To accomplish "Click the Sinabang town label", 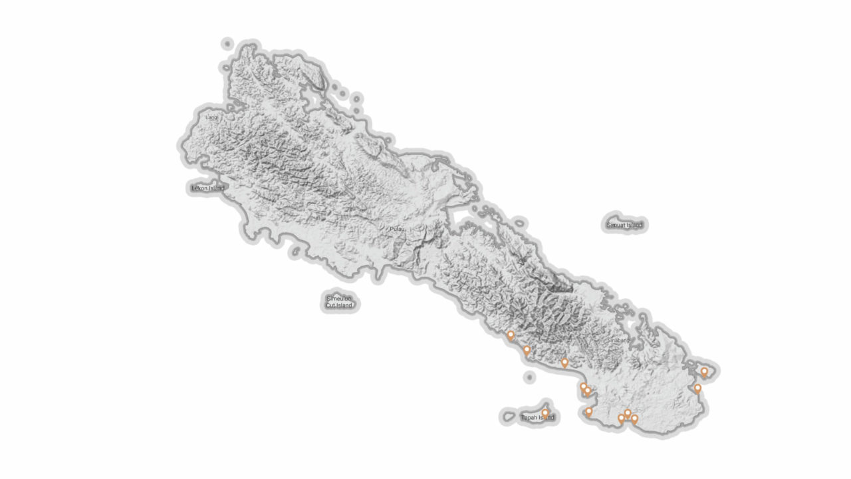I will [x=618, y=340].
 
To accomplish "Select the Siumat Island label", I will [x=624, y=225].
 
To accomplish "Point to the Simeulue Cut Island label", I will [x=339, y=302].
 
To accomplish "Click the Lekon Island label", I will [x=207, y=188].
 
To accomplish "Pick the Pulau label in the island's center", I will [x=397, y=229].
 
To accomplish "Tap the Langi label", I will [x=211, y=118].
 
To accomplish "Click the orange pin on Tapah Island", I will [x=545, y=413].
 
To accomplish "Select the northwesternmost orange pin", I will [x=511, y=335].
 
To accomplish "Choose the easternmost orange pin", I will [x=704, y=372].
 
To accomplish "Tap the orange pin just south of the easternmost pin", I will [x=697, y=388].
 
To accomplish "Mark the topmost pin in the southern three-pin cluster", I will [x=627, y=414].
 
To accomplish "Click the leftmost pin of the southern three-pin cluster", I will [x=621, y=418].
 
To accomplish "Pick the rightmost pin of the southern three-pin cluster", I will [x=634, y=418].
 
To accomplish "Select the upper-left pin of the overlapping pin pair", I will [x=583, y=387].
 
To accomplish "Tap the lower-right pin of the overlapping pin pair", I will [x=587, y=391].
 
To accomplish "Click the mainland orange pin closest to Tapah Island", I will [x=588, y=412].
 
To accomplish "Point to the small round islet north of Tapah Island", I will [x=529, y=377].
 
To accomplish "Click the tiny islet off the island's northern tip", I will [x=227, y=44].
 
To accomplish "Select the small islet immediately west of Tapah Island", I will [x=509, y=417].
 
